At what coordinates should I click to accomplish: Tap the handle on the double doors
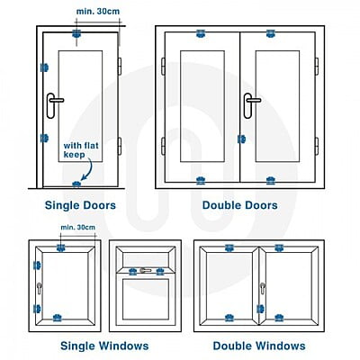[x=248, y=105]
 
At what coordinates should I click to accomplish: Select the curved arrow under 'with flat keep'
[x=87, y=170]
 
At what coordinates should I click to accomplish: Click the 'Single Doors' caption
[x=80, y=205]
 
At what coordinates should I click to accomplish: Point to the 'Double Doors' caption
[x=239, y=205]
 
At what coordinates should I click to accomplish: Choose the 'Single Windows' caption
[x=104, y=346]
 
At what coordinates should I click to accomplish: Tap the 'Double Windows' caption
[x=259, y=346]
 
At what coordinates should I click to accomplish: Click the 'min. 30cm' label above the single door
[x=98, y=12]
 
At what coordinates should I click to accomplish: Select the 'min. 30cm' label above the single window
[x=77, y=227]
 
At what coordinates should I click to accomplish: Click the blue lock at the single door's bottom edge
[x=76, y=184]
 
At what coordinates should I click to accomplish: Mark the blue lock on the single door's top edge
[x=76, y=33]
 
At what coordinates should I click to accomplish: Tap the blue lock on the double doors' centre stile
[x=241, y=139]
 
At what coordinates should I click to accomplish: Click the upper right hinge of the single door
[x=119, y=67]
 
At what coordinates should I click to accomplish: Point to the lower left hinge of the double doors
[x=163, y=147]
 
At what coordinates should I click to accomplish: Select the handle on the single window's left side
[x=39, y=289]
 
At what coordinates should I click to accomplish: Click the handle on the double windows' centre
[x=263, y=289]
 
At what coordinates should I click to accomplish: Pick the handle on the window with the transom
[x=145, y=270]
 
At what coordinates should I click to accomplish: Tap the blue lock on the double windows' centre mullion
[x=260, y=309]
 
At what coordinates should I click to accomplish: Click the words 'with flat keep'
[x=81, y=150]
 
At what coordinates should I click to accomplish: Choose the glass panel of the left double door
[x=202, y=106]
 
